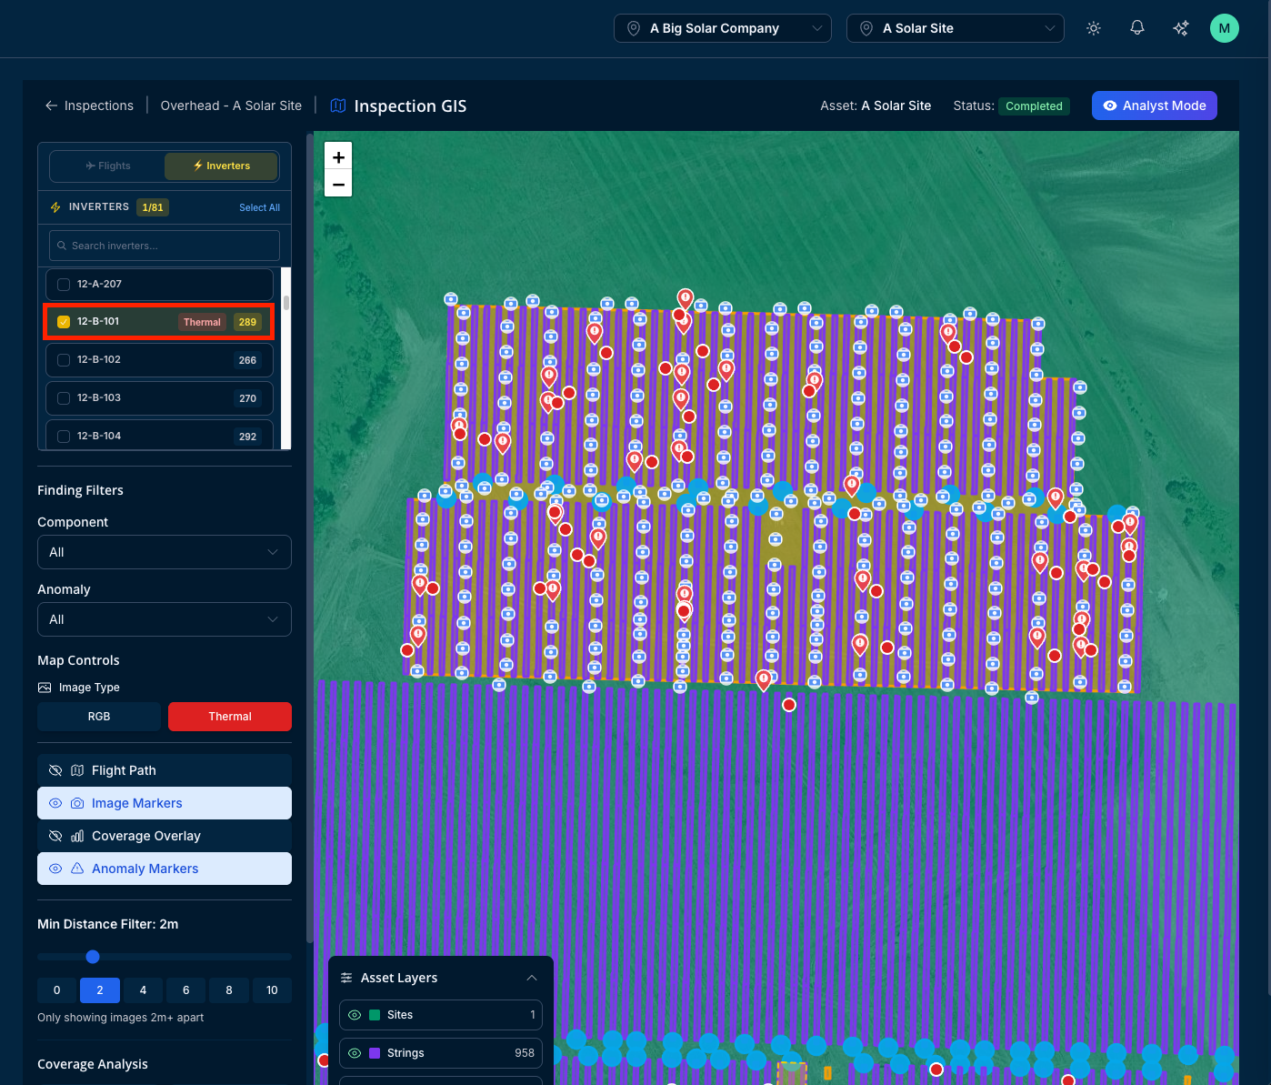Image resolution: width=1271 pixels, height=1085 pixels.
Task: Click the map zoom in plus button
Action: tap(338, 157)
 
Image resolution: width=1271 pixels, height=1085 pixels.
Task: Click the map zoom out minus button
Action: tap(338, 184)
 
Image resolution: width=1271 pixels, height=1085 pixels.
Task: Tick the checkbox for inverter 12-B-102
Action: tap(64, 360)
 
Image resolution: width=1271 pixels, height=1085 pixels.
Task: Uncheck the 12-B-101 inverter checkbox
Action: tap(64, 322)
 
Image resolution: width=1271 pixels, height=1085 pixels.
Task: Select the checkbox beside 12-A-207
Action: tap(64, 284)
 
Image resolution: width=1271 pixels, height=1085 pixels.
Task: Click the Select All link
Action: tap(259, 208)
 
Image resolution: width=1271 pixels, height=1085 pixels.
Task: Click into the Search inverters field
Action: tap(165, 246)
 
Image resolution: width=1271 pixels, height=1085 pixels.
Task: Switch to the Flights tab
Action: tap(107, 166)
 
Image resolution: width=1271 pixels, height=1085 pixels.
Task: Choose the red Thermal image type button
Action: tap(230, 717)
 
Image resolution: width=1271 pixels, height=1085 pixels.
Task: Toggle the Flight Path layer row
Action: tap(165, 770)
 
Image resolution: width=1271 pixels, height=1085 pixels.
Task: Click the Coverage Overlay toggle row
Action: tap(165, 836)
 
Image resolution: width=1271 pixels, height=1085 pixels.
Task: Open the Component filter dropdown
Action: tap(165, 552)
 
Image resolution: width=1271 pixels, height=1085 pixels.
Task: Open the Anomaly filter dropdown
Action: tap(165, 619)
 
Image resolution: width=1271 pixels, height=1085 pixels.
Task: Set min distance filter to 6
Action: tap(185, 990)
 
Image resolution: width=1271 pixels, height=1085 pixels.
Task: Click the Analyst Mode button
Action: tap(1154, 105)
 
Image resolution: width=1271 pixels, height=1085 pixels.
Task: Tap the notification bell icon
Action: tap(1137, 28)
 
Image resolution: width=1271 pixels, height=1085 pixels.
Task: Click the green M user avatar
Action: tap(1224, 28)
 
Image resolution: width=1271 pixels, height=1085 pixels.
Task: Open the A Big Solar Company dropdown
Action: tap(723, 28)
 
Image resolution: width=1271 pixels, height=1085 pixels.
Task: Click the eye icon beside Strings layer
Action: tap(355, 1053)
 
